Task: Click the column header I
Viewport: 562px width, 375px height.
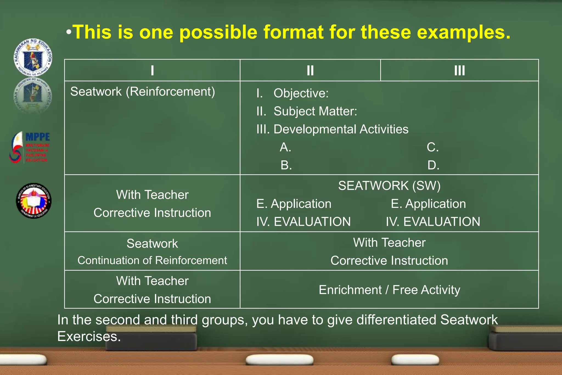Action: [x=152, y=71]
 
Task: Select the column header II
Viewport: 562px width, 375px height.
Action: [x=310, y=71]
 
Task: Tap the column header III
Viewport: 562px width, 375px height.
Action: [x=459, y=71]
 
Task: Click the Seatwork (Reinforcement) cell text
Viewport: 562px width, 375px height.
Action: [x=143, y=92]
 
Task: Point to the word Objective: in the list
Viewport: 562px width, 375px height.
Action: [x=301, y=93]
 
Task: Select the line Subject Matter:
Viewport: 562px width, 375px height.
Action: [x=315, y=111]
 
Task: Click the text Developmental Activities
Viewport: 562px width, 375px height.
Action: [x=341, y=129]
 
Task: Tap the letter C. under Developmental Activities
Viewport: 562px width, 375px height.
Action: [x=433, y=147]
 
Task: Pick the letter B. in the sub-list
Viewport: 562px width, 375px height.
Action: [x=286, y=165]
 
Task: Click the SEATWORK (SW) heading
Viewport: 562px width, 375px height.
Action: [x=389, y=186]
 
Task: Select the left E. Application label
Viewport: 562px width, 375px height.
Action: [x=294, y=204]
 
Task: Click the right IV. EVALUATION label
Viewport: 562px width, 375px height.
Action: [x=433, y=222]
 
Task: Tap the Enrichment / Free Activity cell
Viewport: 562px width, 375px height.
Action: [x=389, y=290]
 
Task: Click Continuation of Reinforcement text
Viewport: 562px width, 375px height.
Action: [x=152, y=261]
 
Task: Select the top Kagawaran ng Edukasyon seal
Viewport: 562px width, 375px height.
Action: [x=33, y=57]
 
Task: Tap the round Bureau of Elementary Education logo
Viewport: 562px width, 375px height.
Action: [x=33, y=201]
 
